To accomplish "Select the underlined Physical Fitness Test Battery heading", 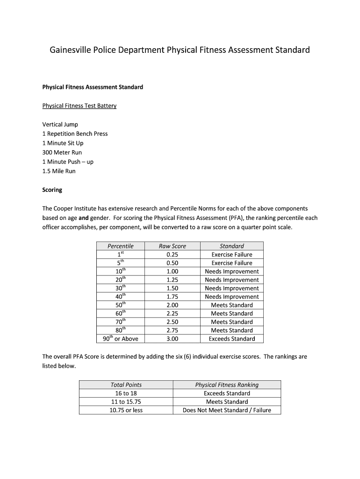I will pyautogui.click(x=79, y=106).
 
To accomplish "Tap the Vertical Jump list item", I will pyautogui.click(x=60, y=124).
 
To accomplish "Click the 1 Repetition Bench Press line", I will pyautogui.click(x=75, y=134).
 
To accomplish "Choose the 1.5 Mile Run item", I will pyautogui.click(x=58, y=171).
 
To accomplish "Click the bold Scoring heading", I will pyautogui.click(x=52, y=190).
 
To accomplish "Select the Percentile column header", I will pyautogui.click(x=120, y=246).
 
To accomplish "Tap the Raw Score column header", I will pyautogui.click(x=172, y=246).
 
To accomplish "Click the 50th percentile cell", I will pyautogui.click(x=120, y=305).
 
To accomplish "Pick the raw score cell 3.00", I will pyautogui.click(x=172, y=339).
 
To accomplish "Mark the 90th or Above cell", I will pyautogui.click(x=120, y=339).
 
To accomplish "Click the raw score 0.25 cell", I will pyautogui.click(x=172, y=254).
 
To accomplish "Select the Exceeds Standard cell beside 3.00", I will pyautogui.click(x=231, y=339).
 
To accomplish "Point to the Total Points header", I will pyautogui.click(x=126, y=385).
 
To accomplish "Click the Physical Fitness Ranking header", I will pyautogui.click(x=227, y=385).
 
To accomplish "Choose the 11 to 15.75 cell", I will pyautogui.click(x=126, y=402).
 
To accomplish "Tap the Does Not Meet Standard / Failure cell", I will pyautogui.click(x=227, y=410).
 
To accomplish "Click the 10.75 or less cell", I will pyautogui.click(x=126, y=410).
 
